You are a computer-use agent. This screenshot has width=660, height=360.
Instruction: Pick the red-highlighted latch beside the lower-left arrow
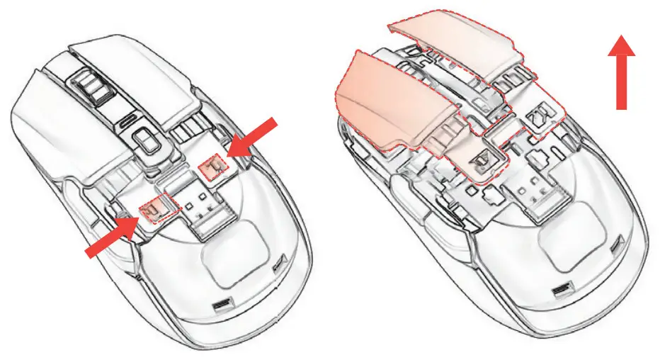pyautogui.click(x=154, y=208)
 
